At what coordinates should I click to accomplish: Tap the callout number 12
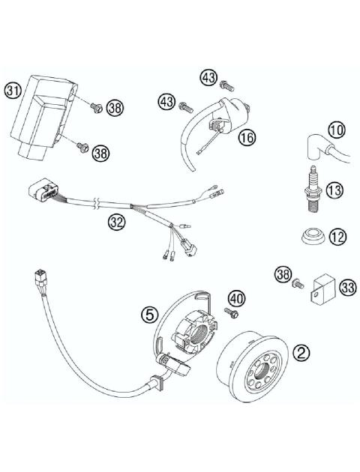pyautogui.click(x=337, y=237)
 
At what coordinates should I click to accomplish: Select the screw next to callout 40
pyautogui.click(x=231, y=310)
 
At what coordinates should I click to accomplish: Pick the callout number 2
pyautogui.click(x=301, y=351)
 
